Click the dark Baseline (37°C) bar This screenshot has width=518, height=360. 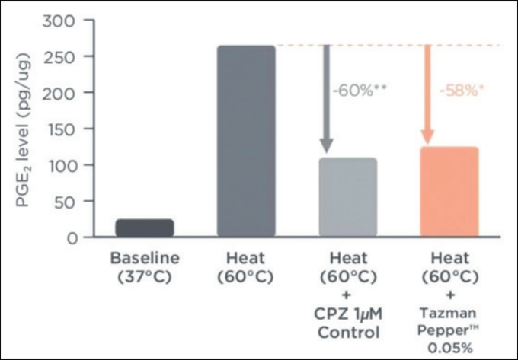click(145, 228)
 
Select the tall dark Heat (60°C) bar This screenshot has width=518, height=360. click(246, 142)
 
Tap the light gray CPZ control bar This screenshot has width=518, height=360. click(348, 198)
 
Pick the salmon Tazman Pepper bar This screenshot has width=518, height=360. click(449, 193)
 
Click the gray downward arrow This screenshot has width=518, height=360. click(327, 99)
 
